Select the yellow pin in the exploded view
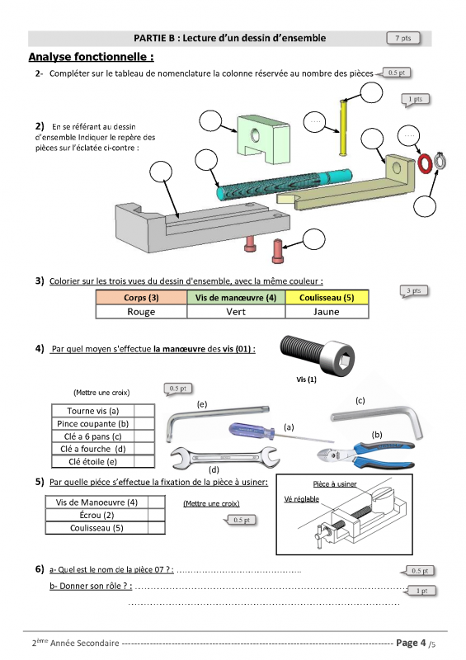click(x=342, y=128)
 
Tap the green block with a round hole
click(x=264, y=140)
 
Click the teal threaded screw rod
click(x=285, y=184)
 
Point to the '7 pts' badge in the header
click(x=403, y=38)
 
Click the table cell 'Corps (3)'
click(x=141, y=297)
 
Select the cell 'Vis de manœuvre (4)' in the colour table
click(x=236, y=297)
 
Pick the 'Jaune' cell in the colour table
click(x=327, y=312)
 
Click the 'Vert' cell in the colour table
click(x=236, y=312)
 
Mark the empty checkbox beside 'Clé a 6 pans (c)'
click(x=144, y=436)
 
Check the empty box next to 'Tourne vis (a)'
click(x=144, y=411)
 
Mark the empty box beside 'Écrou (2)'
click(x=156, y=515)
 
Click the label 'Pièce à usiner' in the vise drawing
click(x=335, y=484)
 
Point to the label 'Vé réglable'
click(x=301, y=499)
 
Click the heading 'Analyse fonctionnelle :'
click(x=91, y=57)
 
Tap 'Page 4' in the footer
click(x=411, y=643)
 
